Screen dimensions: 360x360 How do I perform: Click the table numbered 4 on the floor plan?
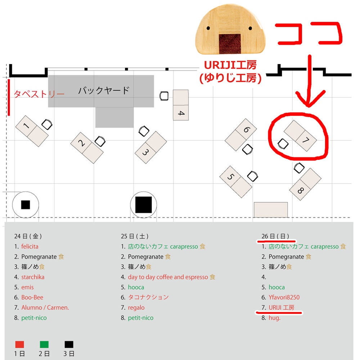(181, 105)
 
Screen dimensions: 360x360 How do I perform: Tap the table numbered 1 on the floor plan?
(32, 131)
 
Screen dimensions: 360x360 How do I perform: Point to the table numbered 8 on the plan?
(305, 184)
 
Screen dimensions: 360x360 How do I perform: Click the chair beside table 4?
(164, 96)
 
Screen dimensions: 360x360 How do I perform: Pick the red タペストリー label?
(39, 94)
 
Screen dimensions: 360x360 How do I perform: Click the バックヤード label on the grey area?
(104, 90)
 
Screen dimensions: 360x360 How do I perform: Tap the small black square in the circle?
(25, 205)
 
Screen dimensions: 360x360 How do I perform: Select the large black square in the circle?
(143, 205)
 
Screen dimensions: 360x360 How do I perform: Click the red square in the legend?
(20, 345)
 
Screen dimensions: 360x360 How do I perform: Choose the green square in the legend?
(44, 345)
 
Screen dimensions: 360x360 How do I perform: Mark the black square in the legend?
(69, 345)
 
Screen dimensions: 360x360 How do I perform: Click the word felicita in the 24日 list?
(30, 247)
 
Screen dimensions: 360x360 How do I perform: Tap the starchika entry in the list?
(33, 277)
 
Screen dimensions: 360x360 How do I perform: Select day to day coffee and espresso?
(168, 277)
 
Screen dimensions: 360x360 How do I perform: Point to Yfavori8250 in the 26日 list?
(284, 297)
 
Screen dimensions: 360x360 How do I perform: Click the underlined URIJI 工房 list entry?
(281, 308)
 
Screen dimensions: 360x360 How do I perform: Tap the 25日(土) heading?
(135, 237)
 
